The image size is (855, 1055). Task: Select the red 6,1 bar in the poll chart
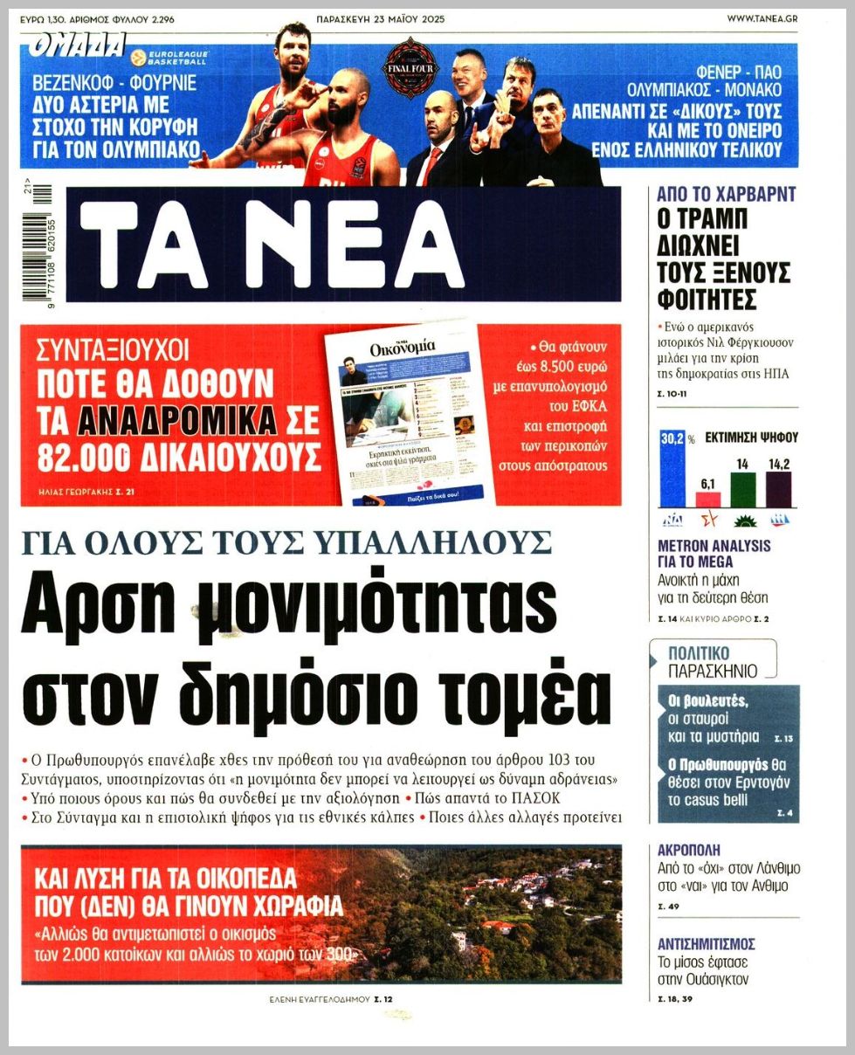[x=708, y=499]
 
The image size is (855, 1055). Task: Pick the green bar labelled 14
[x=743, y=490]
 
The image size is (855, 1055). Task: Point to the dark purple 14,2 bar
[x=778, y=489]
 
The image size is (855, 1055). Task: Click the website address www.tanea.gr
[x=762, y=18]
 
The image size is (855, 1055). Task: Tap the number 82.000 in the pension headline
[x=84, y=455]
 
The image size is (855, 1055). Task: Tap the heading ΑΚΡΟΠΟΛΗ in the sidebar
[x=689, y=850]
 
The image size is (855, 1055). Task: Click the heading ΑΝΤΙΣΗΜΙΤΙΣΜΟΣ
[x=706, y=944]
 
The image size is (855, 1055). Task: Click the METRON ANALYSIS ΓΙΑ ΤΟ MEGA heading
[x=714, y=554]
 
